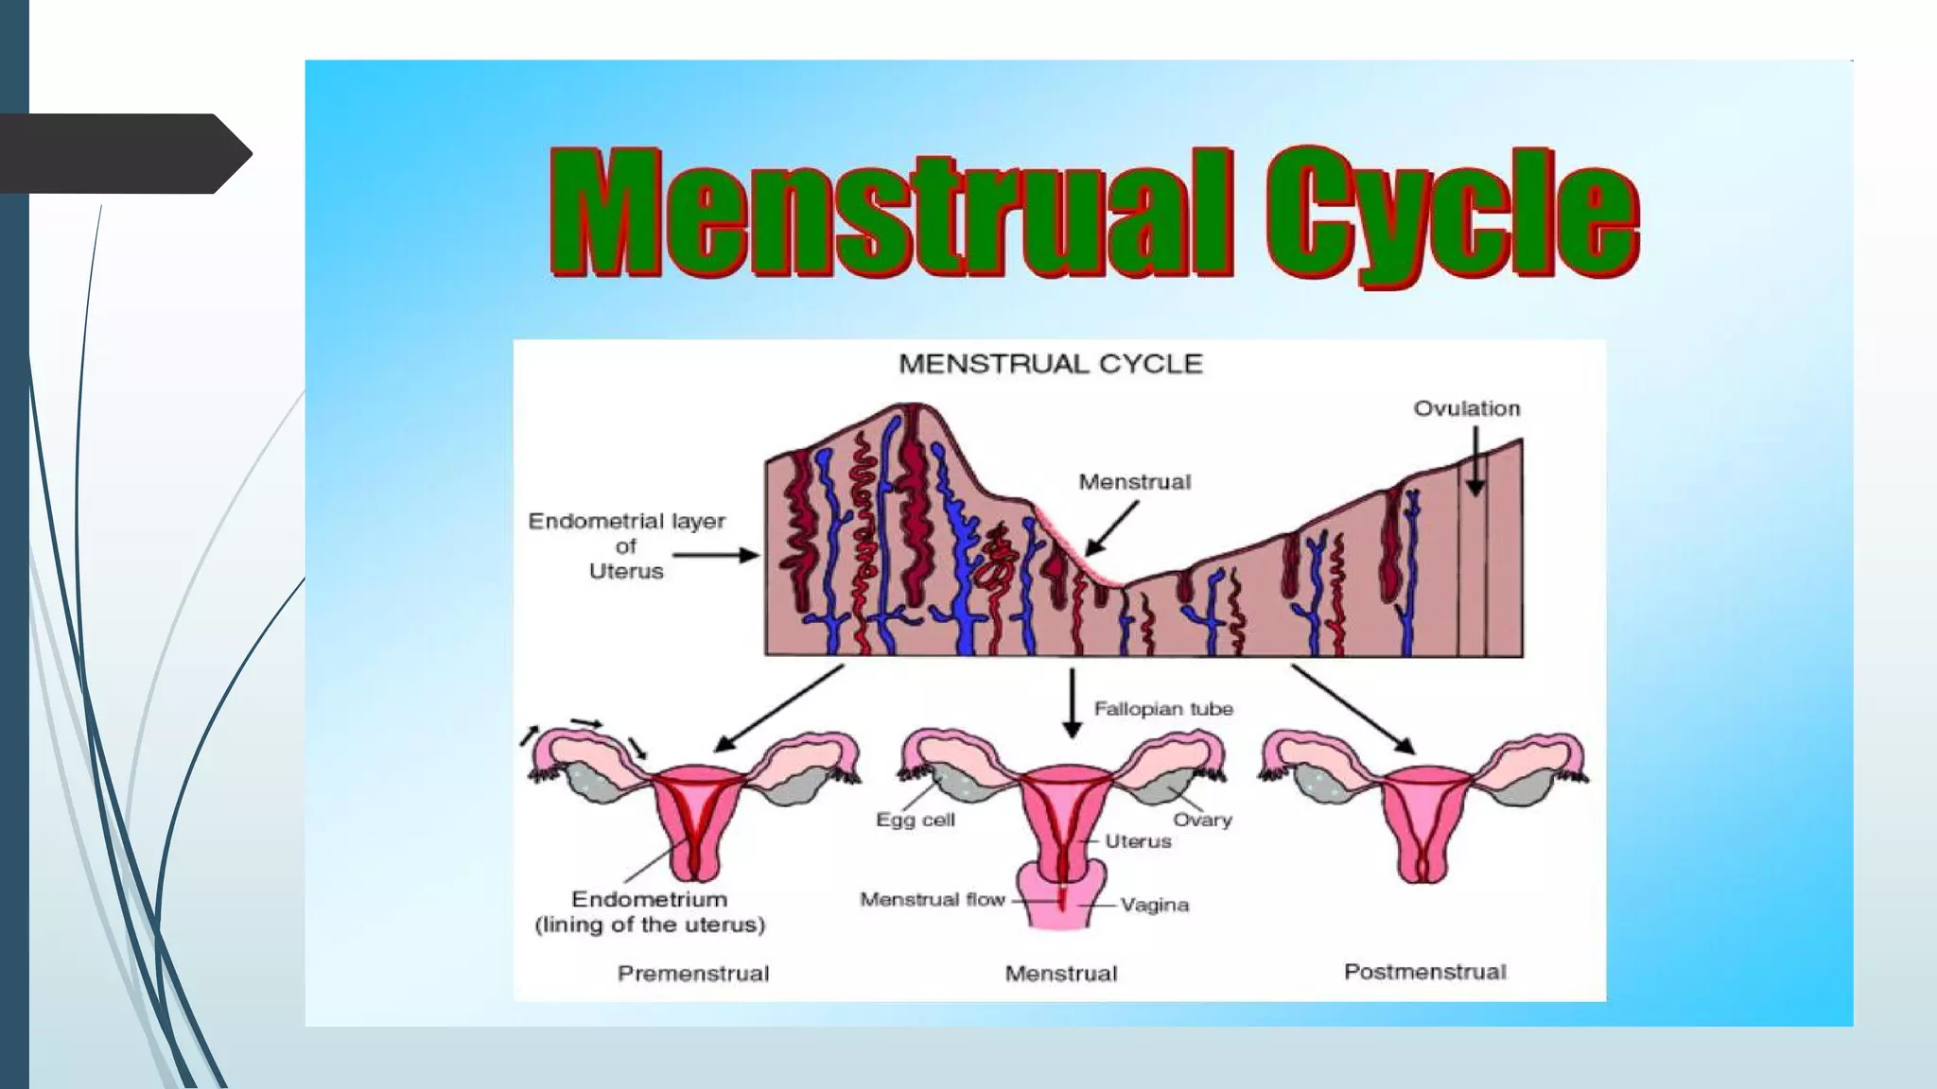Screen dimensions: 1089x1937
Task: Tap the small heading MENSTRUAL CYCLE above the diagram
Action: [x=1050, y=364]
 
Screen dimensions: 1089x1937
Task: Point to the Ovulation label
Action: [x=1467, y=408]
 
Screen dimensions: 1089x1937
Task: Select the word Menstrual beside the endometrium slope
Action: [x=1134, y=482]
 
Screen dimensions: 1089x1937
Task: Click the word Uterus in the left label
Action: [x=626, y=571]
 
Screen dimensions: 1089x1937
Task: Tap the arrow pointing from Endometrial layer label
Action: [x=716, y=556]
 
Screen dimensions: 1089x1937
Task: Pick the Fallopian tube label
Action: [x=1163, y=709]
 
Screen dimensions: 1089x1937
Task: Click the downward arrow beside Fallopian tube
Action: [x=1072, y=703]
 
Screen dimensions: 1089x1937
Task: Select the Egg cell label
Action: [x=915, y=820]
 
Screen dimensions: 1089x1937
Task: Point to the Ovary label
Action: [x=1202, y=820]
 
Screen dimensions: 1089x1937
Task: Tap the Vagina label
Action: [x=1155, y=905]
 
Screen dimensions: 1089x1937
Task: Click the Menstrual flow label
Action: [x=932, y=899]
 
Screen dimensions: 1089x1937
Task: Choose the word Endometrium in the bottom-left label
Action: [x=649, y=899]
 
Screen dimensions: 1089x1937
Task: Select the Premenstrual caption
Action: [x=693, y=974]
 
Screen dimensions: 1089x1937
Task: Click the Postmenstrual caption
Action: [x=1424, y=972]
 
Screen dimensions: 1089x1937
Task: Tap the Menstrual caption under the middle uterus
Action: [x=1061, y=974]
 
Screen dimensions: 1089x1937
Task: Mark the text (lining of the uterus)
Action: [x=650, y=925]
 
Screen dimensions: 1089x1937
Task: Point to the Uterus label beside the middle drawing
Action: [x=1138, y=841]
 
